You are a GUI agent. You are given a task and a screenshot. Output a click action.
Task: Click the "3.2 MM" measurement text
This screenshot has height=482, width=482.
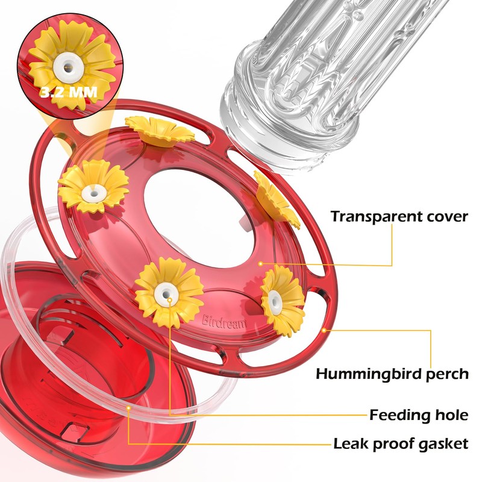(69, 92)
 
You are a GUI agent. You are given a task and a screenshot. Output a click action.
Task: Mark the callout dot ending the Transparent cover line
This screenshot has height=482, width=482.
(260, 263)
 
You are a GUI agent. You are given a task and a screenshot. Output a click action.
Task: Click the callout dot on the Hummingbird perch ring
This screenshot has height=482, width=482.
(324, 330)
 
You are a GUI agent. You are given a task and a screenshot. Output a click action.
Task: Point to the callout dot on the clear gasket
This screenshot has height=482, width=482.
(128, 408)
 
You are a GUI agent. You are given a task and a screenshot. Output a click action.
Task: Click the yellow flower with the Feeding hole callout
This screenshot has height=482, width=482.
(169, 293)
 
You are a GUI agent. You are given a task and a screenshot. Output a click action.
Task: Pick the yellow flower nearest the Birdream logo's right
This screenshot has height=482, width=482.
(283, 299)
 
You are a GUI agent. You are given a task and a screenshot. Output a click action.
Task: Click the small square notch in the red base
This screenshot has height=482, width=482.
(72, 430)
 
